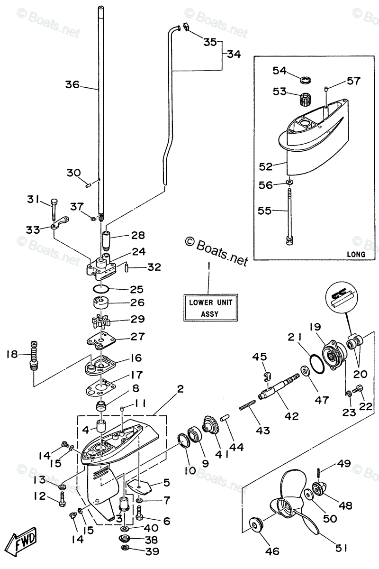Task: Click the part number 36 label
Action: point(72,85)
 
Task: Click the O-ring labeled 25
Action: point(100,289)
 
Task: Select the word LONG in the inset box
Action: point(355,254)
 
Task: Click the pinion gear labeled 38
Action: point(125,539)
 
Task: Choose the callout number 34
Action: point(233,55)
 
